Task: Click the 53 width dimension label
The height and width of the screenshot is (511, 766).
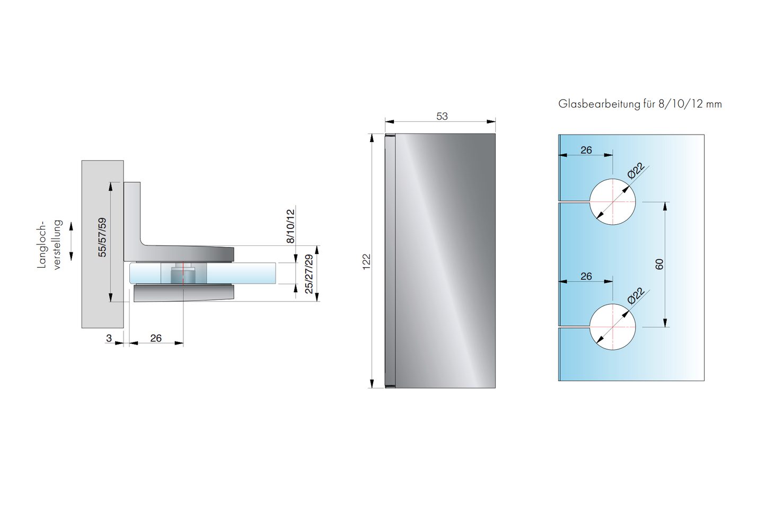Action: (x=442, y=116)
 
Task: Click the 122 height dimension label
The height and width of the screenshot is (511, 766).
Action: (x=366, y=261)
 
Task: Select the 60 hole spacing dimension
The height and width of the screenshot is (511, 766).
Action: (x=659, y=264)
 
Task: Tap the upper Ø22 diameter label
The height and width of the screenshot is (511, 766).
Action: (x=636, y=171)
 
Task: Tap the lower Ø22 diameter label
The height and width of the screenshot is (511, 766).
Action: (x=636, y=296)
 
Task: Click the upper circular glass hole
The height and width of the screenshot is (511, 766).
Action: (x=612, y=202)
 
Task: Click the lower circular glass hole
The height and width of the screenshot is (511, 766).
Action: (x=612, y=327)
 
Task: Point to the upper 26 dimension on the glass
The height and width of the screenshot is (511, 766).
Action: (x=586, y=150)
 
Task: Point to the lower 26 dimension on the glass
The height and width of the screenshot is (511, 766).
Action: (x=586, y=276)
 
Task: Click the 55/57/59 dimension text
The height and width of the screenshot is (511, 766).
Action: (x=102, y=237)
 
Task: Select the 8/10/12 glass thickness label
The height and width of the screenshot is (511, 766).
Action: (x=290, y=226)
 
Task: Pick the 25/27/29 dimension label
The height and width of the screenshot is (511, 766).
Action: (x=309, y=274)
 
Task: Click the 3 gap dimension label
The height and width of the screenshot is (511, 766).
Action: (x=109, y=338)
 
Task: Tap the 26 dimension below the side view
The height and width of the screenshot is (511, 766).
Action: (x=156, y=338)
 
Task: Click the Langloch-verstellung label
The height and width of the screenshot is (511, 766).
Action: (x=49, y=245)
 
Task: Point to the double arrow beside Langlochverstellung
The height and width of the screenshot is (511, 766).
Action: (x=72, y=242)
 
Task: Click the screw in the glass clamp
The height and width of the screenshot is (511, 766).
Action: (x=183, y=274)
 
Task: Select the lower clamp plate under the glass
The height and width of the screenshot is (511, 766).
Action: (x=183, y=293)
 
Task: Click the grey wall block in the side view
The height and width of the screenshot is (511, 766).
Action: (x=102, y=244)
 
